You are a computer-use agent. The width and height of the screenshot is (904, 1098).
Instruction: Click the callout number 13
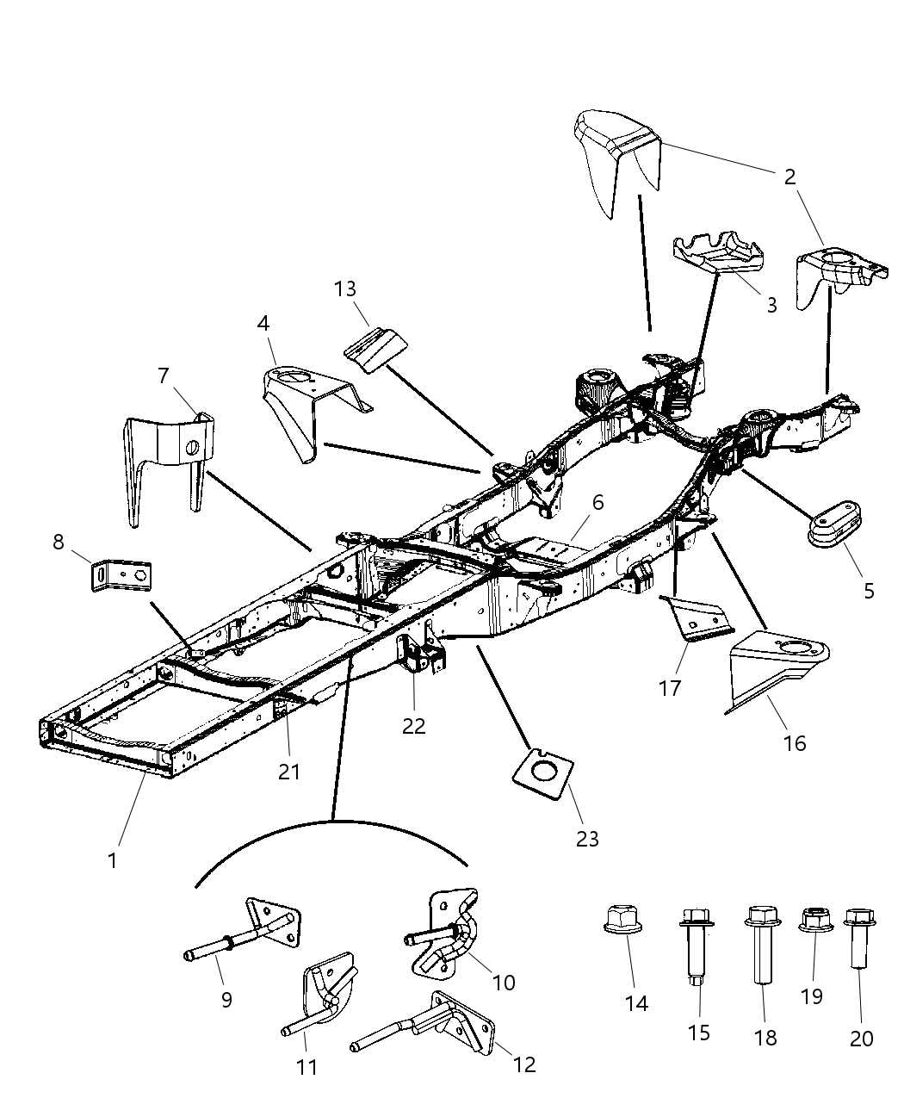[344, 288]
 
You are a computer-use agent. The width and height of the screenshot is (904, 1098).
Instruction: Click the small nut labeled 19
[814, 920]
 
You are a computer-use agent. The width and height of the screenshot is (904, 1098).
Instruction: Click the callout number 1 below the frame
[112, 859]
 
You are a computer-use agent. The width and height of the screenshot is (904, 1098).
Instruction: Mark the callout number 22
[413, 725]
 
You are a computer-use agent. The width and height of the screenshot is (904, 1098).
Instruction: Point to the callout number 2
[789, 177]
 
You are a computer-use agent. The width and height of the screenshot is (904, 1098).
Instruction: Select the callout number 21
[289, 771]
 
